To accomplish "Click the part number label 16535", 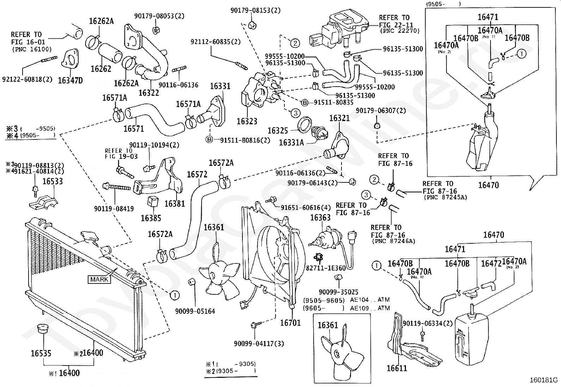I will pos(41,353).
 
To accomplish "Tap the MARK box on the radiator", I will pos(99,280).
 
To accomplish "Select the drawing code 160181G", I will pos(544,380).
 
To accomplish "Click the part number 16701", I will pos(290,323).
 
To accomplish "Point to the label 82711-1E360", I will pos(326,268).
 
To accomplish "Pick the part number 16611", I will pos(397,368).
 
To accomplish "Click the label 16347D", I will pos(70,80).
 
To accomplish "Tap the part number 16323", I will pos(247,121).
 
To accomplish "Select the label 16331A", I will pos(291,142).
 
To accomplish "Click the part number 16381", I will pos(174,204).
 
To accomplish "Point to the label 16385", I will pos(151,218).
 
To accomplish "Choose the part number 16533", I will pos(53,181).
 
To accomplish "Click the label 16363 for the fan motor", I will pos(320,218).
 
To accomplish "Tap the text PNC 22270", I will pos(400,31).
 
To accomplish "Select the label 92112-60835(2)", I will pos(216,42).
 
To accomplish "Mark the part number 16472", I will pos(491,263).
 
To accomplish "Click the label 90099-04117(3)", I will pos(259,344).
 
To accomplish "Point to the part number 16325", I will pos(278,131).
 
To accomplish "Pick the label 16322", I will pos(148,93).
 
